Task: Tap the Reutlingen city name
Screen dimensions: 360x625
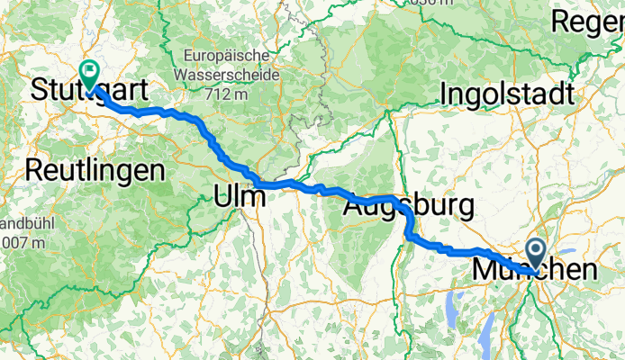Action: [95, 168]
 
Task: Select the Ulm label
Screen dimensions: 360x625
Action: [240, 194]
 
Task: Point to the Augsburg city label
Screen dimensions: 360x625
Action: [408, 207]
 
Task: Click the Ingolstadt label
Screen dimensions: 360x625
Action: [507, 94]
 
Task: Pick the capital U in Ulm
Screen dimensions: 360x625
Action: [223, 194]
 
